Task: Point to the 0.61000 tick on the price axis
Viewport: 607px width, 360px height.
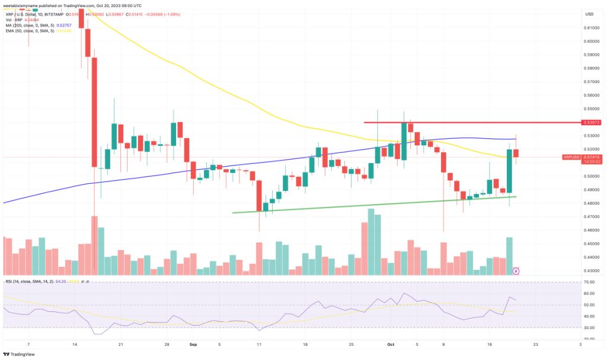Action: (590, 27)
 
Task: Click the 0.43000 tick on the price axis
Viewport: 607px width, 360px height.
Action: (590, 270)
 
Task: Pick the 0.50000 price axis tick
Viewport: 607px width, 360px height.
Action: (590, 176)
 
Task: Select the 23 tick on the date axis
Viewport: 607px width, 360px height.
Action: (535, 344)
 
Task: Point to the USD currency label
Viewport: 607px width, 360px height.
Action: (589, 14)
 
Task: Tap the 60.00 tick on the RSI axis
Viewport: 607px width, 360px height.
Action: (590, 293)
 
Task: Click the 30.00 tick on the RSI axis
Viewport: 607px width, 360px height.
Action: (590, 327)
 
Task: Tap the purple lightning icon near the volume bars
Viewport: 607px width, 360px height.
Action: (516, 270)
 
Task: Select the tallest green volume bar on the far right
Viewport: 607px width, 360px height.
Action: (509, 256)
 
